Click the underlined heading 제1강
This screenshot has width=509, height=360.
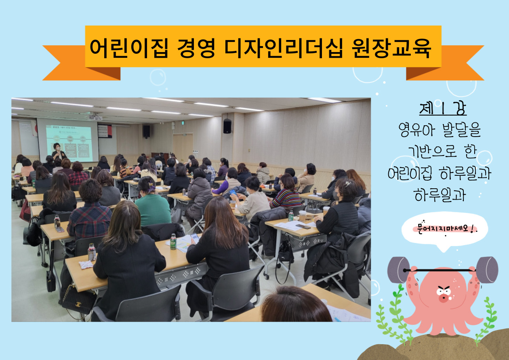tap(443, 109)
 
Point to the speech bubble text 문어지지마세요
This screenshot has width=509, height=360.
tap(443, 228)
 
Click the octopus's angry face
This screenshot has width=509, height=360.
tap(444, 293)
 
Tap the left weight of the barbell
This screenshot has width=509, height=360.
tap(398, 270)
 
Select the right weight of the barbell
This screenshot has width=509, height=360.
tap(487, 270)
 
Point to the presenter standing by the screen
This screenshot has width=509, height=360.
tap(58, 152)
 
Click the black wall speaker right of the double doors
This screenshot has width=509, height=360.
tap(227, 126)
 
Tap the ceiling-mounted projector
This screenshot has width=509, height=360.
tap(95, 118)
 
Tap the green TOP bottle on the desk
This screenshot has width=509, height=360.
tap(173, 242)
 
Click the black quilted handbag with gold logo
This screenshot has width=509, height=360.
tap(78, 299)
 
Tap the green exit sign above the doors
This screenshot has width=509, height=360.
tap(183, 123)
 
